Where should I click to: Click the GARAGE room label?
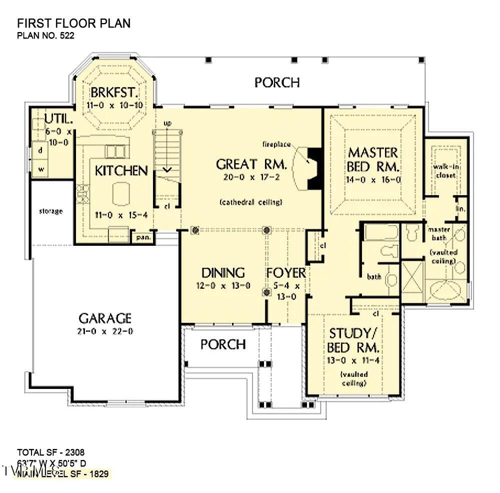pos(105,318)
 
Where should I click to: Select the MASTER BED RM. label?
pos(373,159)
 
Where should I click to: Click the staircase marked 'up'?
pos(166,150)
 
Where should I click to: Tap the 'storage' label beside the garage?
pos(51,211)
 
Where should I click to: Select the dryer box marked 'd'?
pos(40,150)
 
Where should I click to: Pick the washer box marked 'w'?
pos(41,169)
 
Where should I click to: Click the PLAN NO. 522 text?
pos(46,36)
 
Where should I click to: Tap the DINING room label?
pos(223,273)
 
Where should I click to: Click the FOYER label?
pos(285,273)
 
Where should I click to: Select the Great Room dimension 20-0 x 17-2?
pos(251,177)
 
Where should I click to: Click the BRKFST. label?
pos(113,93)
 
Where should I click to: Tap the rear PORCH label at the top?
pos(277,83)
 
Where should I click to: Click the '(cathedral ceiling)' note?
pos(251,202)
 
